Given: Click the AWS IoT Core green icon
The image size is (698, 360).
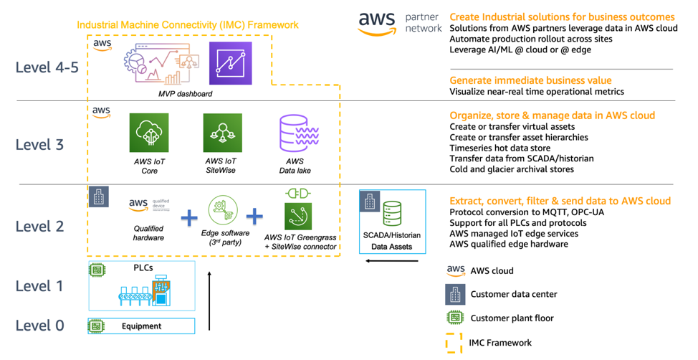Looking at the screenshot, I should [149, 133].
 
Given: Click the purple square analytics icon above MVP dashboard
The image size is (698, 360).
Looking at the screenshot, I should [230, 63].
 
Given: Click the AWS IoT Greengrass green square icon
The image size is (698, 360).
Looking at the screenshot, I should [298, 216].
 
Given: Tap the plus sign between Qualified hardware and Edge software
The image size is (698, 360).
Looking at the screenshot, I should [188, 217].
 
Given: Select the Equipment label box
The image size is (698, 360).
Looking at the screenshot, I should [141, 326].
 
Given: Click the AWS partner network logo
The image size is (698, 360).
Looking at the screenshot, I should [400, 23].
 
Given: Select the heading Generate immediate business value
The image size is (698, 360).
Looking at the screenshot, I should [530, 80].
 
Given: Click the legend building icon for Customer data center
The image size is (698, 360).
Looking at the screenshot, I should [454, 295].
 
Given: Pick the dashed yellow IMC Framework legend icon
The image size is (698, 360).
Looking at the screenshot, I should [454, 344].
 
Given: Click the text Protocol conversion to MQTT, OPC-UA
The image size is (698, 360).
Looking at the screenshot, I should [527, 213].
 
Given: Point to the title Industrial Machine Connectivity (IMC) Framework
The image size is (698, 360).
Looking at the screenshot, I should [188, 25].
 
